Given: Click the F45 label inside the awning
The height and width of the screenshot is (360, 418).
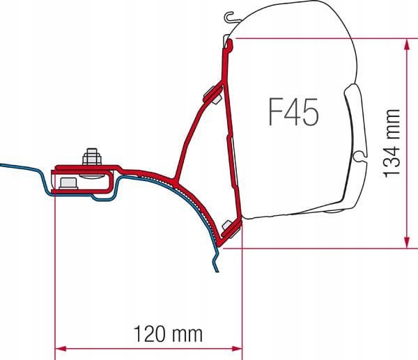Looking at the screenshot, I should point(293,111).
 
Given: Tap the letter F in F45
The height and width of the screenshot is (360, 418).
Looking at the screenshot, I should point(275,111).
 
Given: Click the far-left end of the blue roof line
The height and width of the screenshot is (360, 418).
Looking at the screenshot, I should point(2,165).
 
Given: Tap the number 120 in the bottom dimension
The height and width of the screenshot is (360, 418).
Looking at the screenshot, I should point(149,334).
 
